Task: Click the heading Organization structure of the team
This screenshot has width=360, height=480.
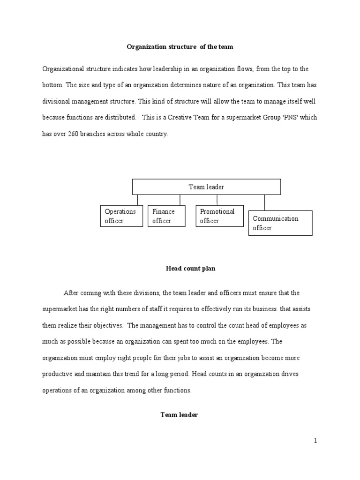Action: click(180, 47)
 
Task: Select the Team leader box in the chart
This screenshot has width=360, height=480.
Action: click(206, 187)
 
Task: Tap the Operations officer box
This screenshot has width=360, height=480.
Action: click(121, 216)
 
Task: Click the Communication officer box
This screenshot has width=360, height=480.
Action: click(280, 223)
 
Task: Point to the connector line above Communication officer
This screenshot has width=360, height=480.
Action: click(265, 202)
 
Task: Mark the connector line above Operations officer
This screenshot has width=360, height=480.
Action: click(138, 200)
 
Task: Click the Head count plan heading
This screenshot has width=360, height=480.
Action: click(184, 269)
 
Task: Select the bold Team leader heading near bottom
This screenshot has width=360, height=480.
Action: click(180, 415)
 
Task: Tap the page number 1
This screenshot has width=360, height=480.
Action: click(315, 441)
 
